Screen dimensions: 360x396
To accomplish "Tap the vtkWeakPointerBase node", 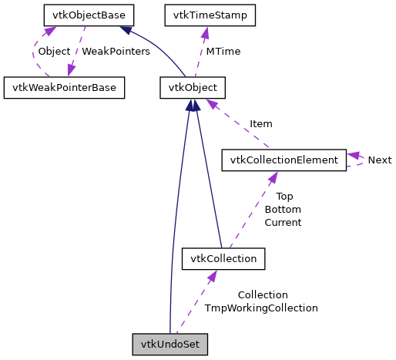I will [x=64, y=87].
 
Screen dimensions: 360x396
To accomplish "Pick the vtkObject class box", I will [x=193, y=87].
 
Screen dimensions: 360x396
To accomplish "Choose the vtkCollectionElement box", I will [x=284, y=160].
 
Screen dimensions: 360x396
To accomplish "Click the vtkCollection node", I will [x=223, y=258].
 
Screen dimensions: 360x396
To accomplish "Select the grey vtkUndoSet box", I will [x=170, y=343].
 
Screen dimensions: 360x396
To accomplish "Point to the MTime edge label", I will [x=222, y=51].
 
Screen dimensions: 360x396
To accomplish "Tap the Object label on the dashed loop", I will [x=54, y=51].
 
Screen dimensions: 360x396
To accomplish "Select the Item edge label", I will [x=260, y=123].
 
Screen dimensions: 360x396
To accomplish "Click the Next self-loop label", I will [x=379, y=160].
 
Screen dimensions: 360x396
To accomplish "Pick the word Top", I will [x=284, y=196].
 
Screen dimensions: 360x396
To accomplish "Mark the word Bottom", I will [x=283, y=209].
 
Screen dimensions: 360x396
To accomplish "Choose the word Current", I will [x=283, y=222].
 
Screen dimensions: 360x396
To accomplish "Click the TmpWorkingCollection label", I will [x=261, y=308].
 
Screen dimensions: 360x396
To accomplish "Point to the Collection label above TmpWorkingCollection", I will [x=263, y=294].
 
